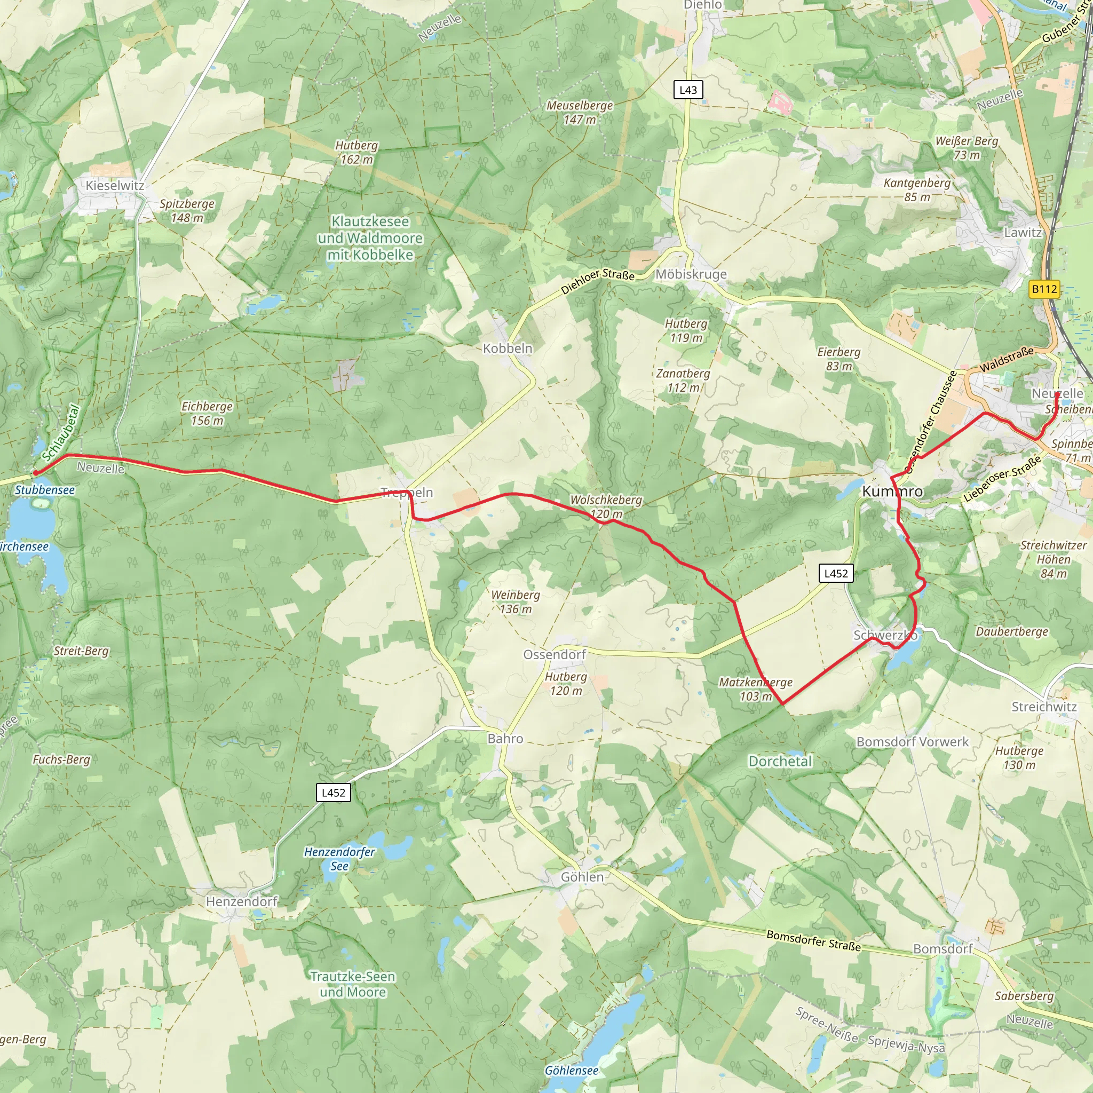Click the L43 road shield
pyautogui.click(x=688, y=90)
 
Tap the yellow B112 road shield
pyautogui.click(x=1044, y=289)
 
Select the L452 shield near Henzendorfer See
pyautogui.click(x=333, y=793)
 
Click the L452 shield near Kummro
pyautogui.click(x=836, y=574)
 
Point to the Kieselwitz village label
pyautogui.click(x=115, y=186)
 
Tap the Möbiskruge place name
pyautogui.click(x=691, y=274)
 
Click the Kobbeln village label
pyautogui.click(x=508, y=349)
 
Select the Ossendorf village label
pyautogui.click(x=555, y=654)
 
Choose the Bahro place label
pyautogui.click(x=505, y=739)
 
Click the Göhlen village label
pyautogui.click(x=582, y=877)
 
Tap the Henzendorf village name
pyautogui.click(x=242, y=901)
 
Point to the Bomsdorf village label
pyautogui.click(x=943, y=949)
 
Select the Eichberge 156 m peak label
pyautogui.click(x=207, y=414)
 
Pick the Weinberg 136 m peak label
pyautogui.click(x=516, y=602)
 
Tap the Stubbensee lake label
pyautogui.click(x=45, y=490)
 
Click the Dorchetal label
pyautogui.click(x=780, y=762)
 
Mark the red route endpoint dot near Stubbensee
pyautogui.click(x=36, y=472)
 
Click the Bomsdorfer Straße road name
pyautogui.click(x=813, y=940)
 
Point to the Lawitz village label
pyautogui.click(x=1023, y=233)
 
